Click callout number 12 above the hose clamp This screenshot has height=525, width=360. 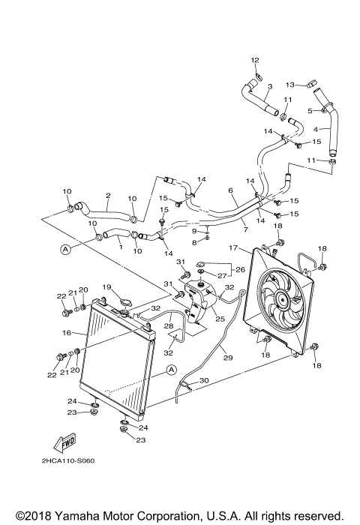click(x=254, y=59)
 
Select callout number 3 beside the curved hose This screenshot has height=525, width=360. click(x=269, y=86)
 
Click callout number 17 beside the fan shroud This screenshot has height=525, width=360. click(x=234, y=248)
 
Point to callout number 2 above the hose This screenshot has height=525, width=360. click(x=108, y=196)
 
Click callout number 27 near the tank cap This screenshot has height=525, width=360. click(x=223, y=276)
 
